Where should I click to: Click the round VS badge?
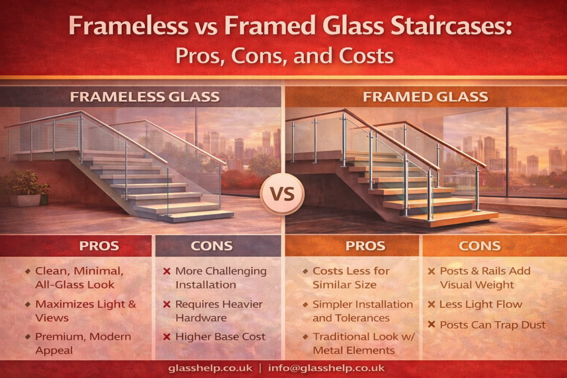pos(282,194)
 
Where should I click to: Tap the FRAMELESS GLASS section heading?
pos(145,97)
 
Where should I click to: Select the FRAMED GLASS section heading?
pos(426,97)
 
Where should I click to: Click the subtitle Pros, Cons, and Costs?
pos(285,56)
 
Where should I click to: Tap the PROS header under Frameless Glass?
pos(99,246)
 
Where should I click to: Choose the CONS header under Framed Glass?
pos(480,246)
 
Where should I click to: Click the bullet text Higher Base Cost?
pos(220,337)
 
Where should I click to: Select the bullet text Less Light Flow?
pos(481,304)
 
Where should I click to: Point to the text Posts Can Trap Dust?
pos(492,325)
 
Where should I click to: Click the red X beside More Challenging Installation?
pos(167,271)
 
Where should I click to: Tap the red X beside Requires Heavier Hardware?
pos(167,304)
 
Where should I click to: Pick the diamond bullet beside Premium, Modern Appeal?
pos(28,337)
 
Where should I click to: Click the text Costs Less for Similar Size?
pos(350,278)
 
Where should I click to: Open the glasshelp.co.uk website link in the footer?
pos(210,368)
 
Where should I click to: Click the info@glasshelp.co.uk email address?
pos(326,368)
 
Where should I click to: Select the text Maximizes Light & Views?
pos(86,311)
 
